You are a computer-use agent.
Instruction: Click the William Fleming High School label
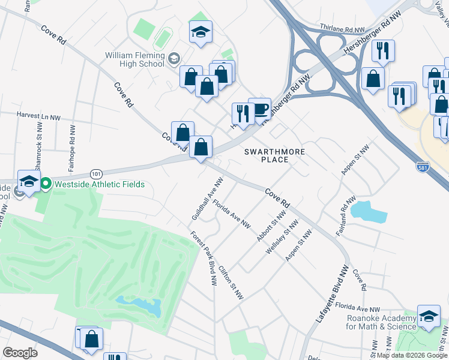(134, 59)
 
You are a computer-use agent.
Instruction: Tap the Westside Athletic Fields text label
(99, 184)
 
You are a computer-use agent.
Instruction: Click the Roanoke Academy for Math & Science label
(381, 322)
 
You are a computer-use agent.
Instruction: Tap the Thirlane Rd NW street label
(343, 29)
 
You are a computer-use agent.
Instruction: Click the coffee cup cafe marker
(259, 109)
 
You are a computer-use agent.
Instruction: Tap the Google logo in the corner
(20, 353)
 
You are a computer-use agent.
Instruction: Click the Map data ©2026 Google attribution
(412, 355)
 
